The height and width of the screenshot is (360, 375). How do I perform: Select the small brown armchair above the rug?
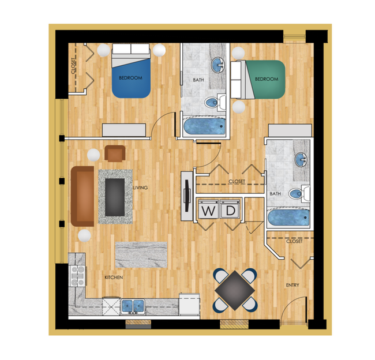[x=115, y=153]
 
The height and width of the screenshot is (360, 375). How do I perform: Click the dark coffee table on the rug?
[x=115, y=195]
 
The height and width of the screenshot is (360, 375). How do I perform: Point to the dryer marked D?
[x=230, y=211]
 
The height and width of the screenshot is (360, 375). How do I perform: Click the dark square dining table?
[x=234, y=288]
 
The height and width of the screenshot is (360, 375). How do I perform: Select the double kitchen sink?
[x=134, y=305]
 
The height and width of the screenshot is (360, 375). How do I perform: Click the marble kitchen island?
[x=141, y=255]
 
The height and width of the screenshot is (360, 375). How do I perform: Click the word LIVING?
[x=140, y=187]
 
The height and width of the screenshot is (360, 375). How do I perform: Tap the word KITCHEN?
[x=114, y=277]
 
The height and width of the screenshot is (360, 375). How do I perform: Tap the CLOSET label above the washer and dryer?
[x=237, y=181]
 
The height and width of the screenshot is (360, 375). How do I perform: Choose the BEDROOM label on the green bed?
[x=267, y=79]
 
